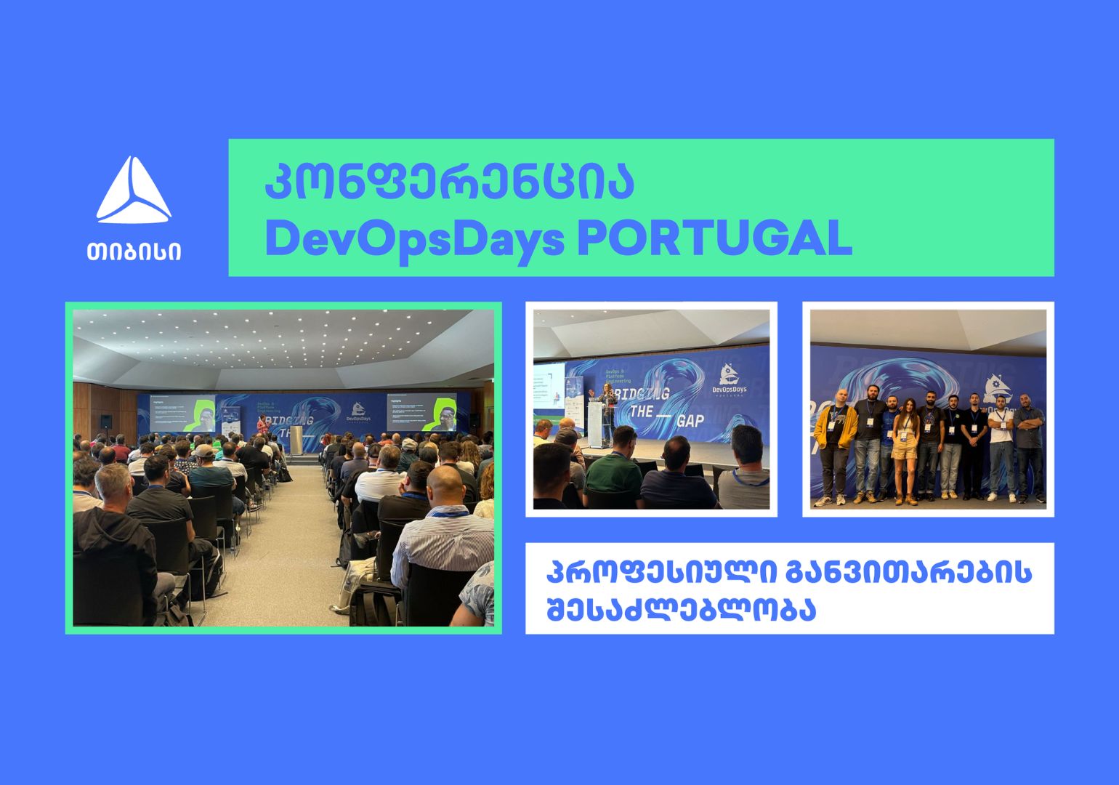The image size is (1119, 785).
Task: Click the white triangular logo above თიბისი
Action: [x=134, y=190]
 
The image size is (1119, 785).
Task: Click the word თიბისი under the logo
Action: [x=134, y=251]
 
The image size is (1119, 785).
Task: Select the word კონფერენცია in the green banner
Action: [x=449, y=182]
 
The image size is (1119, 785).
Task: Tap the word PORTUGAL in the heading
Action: [x=714, y=238]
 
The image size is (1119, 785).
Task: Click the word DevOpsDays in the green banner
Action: [x=415, y=238]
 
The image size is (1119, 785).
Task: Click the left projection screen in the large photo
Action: [x=182, y=413]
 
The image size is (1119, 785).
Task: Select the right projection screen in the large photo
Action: [x=421, y=413]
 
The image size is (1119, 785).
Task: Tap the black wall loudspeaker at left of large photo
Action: [x=106, y=421]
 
